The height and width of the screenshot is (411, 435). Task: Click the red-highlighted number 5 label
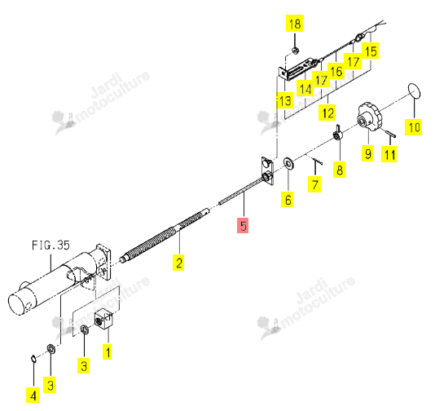[243, 226]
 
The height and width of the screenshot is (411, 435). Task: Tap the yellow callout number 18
[295, 24]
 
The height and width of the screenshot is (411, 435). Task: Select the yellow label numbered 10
[414, 127]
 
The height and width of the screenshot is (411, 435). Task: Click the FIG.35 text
[51, 245]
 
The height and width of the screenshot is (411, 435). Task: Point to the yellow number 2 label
[178, 263]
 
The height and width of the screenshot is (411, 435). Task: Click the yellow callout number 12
[327, 113]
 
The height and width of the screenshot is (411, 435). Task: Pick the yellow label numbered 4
[33, 396]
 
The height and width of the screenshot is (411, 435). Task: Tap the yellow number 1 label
[108, 351]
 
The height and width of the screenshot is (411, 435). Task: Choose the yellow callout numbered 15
[371, 51]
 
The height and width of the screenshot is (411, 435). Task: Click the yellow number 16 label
[336, 71]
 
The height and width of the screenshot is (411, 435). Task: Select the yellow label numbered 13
[285, 100]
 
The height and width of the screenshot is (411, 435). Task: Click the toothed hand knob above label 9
[369, 117]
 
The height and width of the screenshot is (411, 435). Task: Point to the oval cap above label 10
[415, 91]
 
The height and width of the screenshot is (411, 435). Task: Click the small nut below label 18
[295, 51]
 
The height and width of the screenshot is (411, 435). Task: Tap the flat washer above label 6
[289, 163]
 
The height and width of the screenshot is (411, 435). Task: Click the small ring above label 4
[33, 359]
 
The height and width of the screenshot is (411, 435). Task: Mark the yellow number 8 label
[340, 170]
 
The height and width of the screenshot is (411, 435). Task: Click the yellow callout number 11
[389, 154]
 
